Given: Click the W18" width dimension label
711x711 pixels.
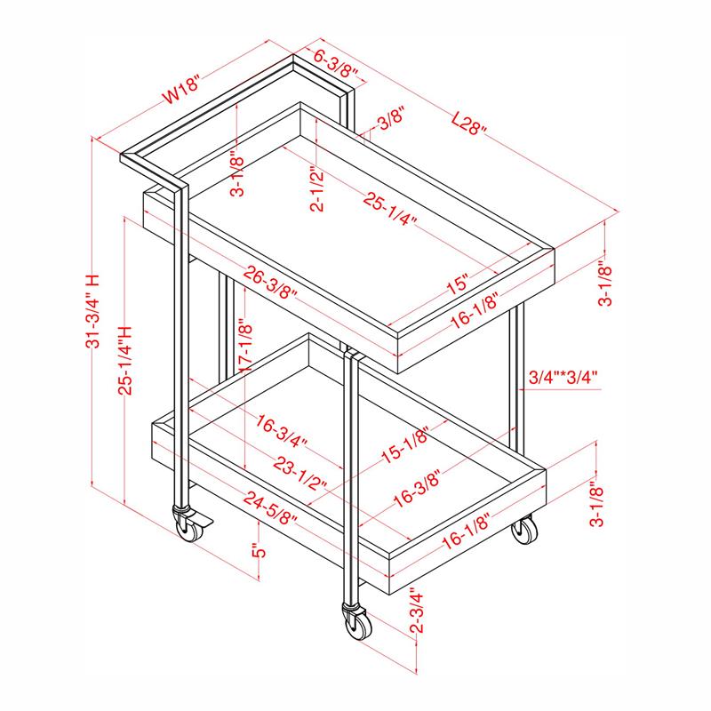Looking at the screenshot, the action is (181, 92).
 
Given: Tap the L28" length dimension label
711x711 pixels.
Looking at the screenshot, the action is (469, 124).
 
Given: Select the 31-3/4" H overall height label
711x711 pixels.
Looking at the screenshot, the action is (92, 311).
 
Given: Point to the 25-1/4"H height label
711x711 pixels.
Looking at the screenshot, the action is (125, 361).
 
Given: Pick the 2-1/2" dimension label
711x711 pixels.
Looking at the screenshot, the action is (318, 189).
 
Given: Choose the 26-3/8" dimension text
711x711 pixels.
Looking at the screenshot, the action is (270, 282).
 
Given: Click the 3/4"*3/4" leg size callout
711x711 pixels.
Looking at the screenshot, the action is (563, 377).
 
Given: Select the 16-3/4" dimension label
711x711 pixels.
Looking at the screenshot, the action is (281, 431).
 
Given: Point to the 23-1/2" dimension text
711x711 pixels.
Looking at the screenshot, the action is (300, 473).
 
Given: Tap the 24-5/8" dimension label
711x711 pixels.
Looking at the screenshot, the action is (270, 507).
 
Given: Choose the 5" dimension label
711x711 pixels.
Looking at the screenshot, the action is (259, 550).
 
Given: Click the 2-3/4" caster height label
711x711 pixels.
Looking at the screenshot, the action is (416, 610).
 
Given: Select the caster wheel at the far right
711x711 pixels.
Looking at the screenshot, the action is (524, 530).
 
